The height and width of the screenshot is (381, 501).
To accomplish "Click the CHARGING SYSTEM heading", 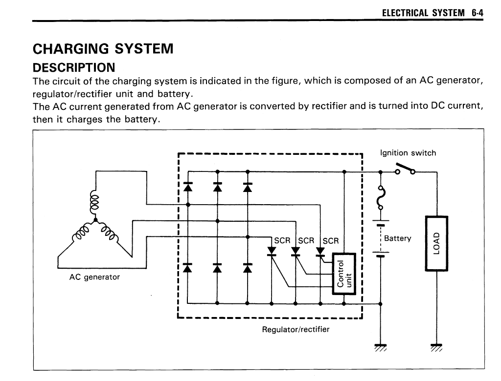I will click(x=103, y=49).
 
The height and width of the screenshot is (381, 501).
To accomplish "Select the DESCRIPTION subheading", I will click(x=74, y=67).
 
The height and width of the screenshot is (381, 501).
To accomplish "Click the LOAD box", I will click(x=437, y=243).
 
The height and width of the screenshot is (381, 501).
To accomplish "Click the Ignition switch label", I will click(x=408, y=153).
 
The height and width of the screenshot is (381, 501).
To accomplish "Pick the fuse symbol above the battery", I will click(x=381, y=198).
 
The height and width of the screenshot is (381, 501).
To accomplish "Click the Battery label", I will click(x=398, y=238).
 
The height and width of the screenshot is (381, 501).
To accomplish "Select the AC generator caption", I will click(x=94, y=277).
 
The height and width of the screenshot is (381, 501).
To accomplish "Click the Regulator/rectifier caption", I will click(x=296, y=329).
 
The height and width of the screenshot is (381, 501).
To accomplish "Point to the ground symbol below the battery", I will click(x=381, y=347).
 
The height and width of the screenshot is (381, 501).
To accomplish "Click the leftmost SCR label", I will click(x=282, y=241).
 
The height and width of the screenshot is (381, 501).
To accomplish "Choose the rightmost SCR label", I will click(x=331, y=241).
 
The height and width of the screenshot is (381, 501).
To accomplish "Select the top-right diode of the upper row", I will click(x=248, y=186).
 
